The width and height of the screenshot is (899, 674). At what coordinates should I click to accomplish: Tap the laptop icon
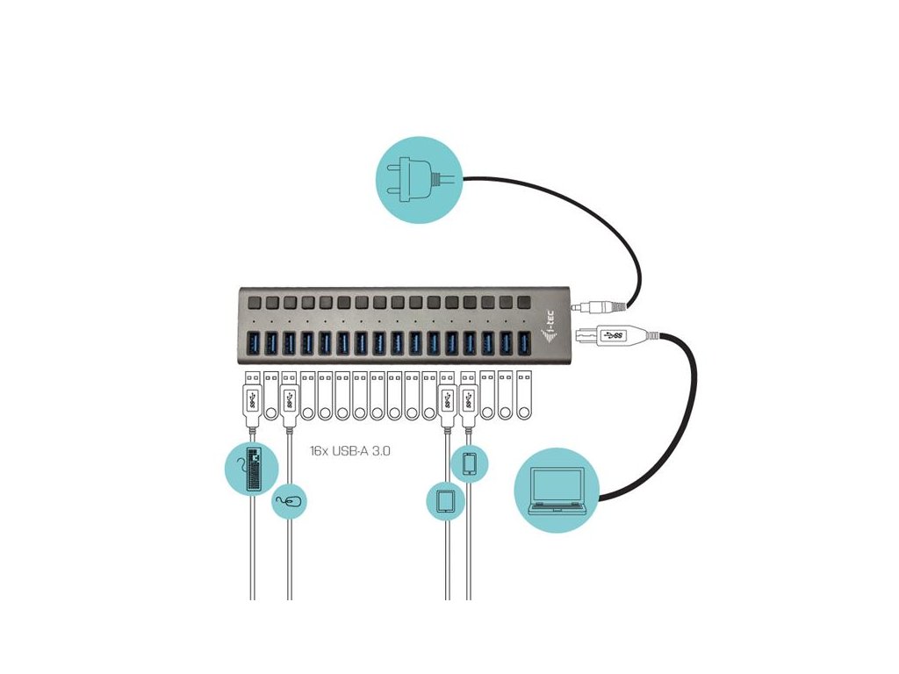[x=557, y=491]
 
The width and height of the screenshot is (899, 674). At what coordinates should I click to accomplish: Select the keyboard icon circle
[x=251, y=467]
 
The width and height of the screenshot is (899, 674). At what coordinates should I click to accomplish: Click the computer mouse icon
[x=290, y=502]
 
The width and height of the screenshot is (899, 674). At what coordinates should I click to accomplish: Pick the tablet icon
[x=445, y=501]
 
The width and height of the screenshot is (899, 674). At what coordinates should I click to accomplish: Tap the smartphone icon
[x=469, y=463]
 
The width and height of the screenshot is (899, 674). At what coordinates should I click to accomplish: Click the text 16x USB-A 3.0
[x=349, y=451]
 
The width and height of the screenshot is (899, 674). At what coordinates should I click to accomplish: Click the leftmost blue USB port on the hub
[x=252, y=342]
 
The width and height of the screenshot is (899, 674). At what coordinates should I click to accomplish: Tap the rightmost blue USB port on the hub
[x=523, y=342]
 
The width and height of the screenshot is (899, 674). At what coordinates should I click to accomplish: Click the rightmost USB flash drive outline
[x=523, y=396]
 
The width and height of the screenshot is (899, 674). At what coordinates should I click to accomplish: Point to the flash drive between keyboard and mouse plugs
[x=270, y=396]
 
